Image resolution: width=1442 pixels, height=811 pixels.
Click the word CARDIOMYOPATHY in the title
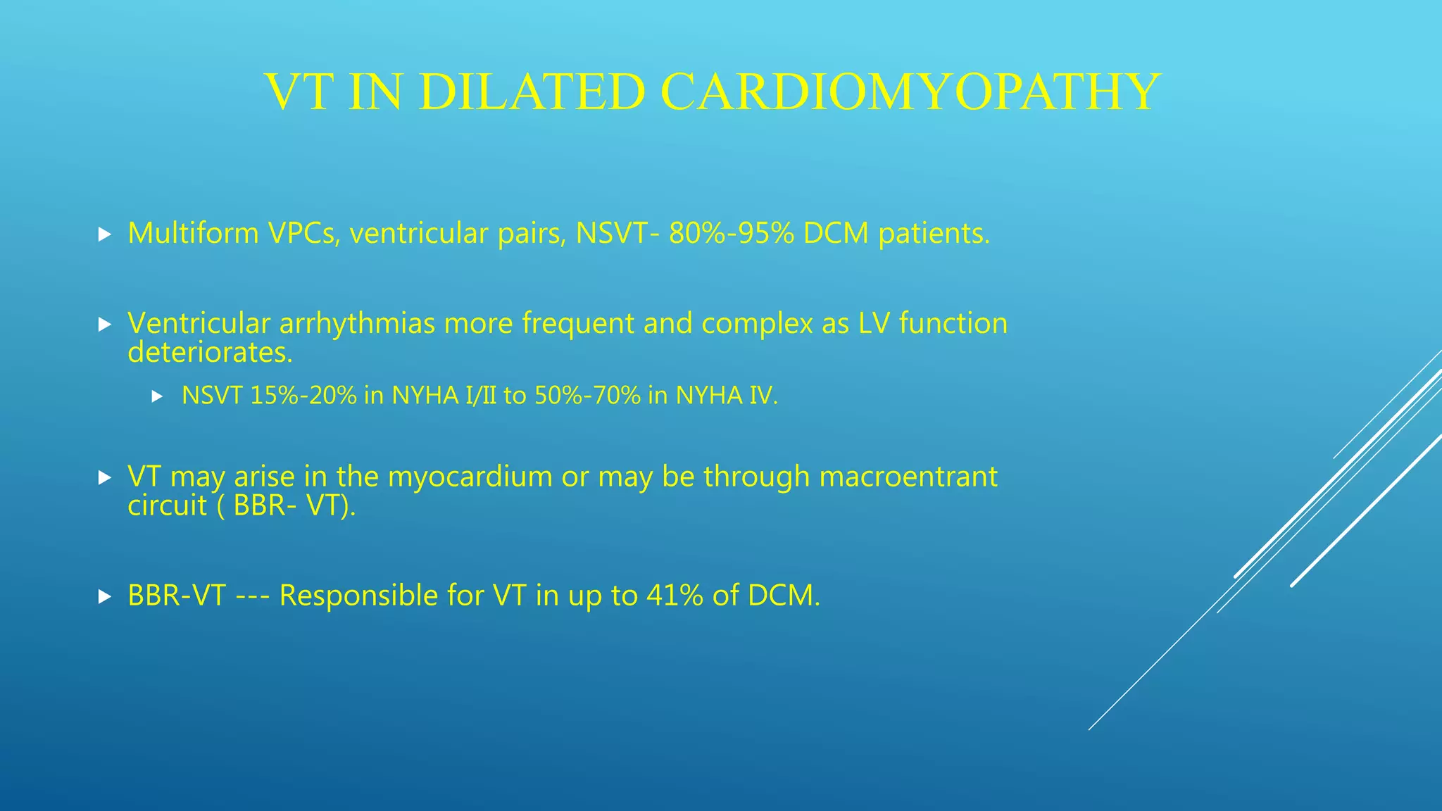[910, 92]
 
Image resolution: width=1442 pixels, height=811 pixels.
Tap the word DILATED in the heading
[532, 92]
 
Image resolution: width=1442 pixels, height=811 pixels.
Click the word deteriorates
[209, 353]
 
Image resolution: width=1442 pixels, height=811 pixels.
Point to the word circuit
[167, 506]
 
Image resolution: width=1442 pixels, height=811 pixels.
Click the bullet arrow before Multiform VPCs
[105, 234]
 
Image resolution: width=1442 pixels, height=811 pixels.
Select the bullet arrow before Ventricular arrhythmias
[105, 325]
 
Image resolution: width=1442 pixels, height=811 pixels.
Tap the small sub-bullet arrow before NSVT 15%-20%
[157, 397]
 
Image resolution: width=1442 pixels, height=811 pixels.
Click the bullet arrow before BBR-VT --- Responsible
[105, 597]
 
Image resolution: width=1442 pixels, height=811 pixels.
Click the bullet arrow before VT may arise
[105, 478]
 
